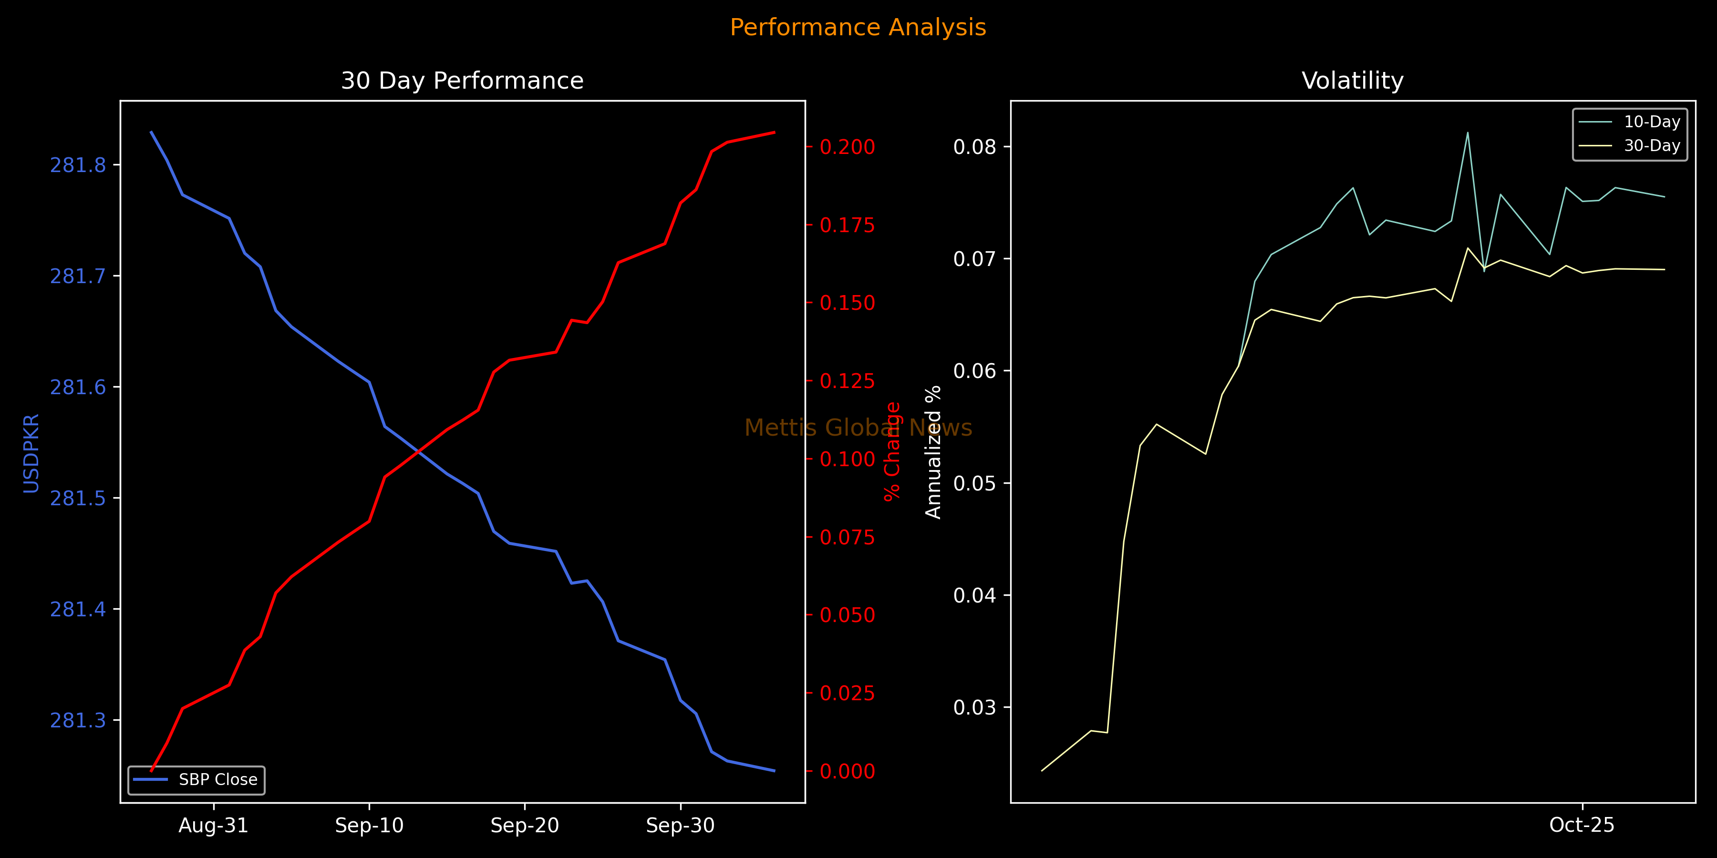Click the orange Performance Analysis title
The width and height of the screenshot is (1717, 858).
click(858, 27)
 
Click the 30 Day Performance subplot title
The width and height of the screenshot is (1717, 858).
click(462, 81)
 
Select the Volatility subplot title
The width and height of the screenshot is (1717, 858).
click(1353, 81)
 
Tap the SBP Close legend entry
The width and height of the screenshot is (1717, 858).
click(217, 779)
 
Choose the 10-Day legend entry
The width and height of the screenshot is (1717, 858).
click(1652, 122)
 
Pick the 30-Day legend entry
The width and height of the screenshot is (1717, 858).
click(1652, 146)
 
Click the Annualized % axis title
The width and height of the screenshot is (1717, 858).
click(933, 452)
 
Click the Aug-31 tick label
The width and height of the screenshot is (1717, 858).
click(213, 826)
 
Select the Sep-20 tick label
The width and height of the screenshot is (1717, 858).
click(525, 826)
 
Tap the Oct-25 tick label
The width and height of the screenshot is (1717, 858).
click(1582, 826)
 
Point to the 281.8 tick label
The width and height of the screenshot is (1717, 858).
click(78, 165)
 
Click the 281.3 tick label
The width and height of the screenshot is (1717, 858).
click(78, 720)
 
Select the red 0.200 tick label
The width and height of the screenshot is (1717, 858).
click(847, 147)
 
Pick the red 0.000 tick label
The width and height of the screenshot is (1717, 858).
click(847, 771)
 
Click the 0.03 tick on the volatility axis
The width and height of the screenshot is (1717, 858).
click(974, 707)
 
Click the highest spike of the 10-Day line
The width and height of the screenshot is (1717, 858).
click(1468, 133)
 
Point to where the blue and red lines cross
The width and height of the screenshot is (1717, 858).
click(419, 452)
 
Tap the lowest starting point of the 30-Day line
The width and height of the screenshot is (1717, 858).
click(1042, 771)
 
